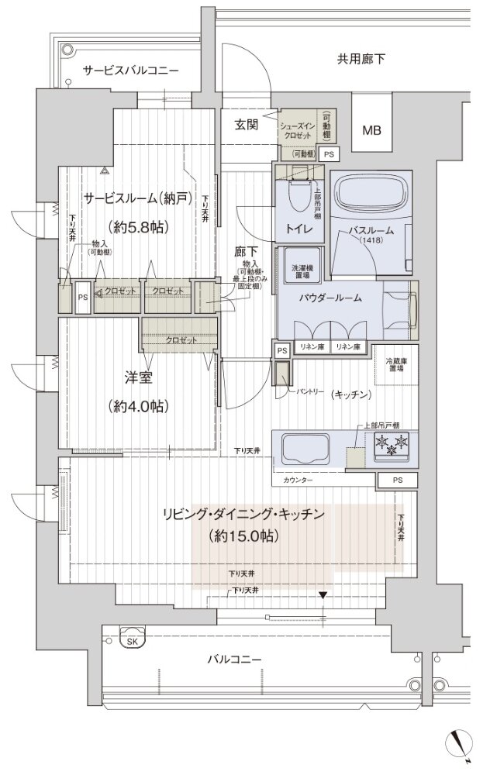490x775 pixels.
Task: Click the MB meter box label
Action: point(372,130)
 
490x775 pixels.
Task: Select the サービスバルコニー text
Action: point(131,71)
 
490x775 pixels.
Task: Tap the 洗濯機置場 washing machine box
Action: point(299,263)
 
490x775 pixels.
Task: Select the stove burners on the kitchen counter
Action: point(392,446)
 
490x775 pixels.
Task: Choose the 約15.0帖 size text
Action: point(244,536)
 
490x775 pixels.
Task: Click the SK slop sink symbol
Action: point(133,640)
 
